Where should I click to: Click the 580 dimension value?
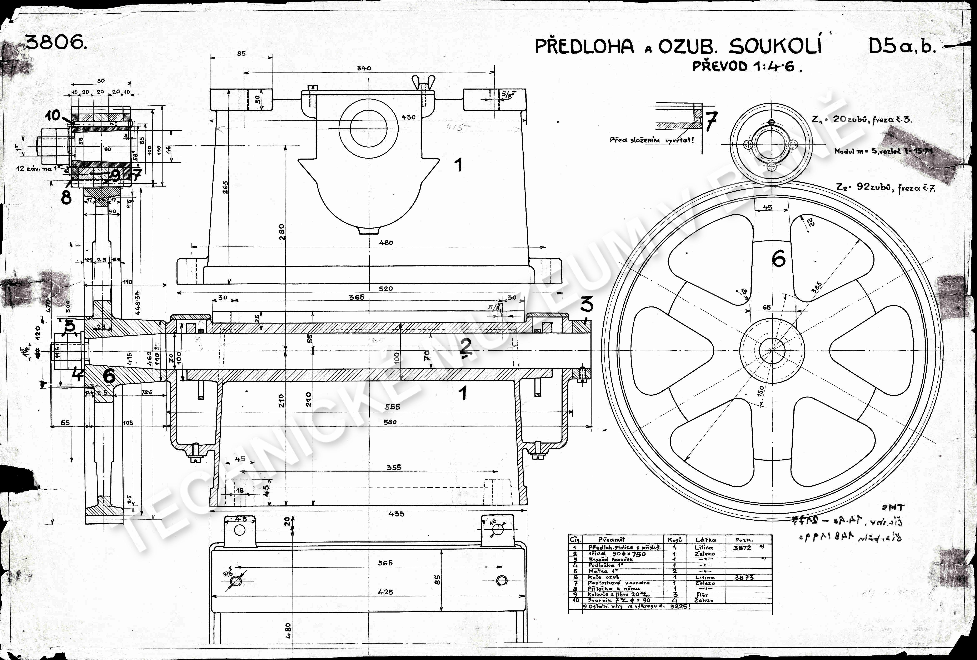pyautogui.click(x=390, y=422)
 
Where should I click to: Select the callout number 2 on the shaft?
pyautogui.click(x=465, y=347)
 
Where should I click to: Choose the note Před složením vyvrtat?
pyautogui.click(x=652, y=140)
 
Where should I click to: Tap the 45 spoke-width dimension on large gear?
pyautogui.click(x=767, y=207)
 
